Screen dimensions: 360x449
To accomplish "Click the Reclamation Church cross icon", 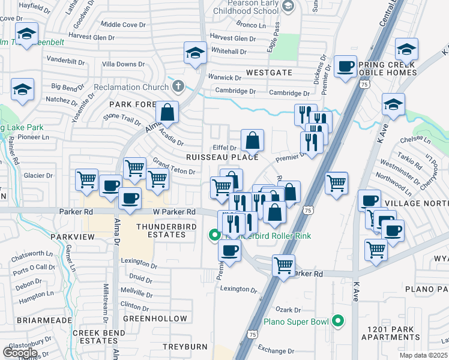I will coord(177,86).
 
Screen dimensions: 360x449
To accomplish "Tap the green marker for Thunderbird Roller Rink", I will coord(214,236).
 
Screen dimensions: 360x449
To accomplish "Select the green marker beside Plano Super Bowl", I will coord(338,322).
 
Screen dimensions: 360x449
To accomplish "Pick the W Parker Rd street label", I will coord(175,212).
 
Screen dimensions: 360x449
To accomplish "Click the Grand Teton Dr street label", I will coord(174,167).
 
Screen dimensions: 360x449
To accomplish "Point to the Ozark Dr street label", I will coord(288,310).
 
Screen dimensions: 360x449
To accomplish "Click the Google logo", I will coord(20,352).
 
